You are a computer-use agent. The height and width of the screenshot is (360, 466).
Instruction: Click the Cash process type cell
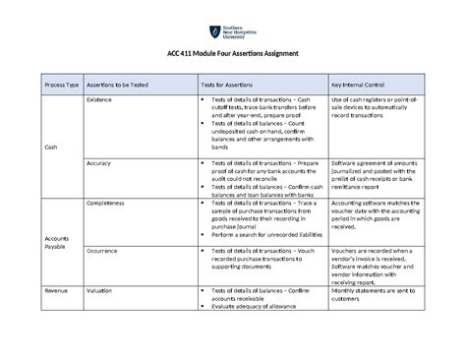(51, 147)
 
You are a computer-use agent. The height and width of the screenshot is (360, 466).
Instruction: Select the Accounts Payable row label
(55, 243)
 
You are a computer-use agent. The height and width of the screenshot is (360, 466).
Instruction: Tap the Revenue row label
(55, 292)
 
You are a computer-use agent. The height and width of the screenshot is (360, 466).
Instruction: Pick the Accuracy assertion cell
(98, 163)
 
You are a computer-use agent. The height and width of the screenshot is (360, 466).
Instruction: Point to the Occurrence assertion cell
(105, 251)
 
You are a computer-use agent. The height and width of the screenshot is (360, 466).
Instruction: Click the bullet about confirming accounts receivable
(259, 296)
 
